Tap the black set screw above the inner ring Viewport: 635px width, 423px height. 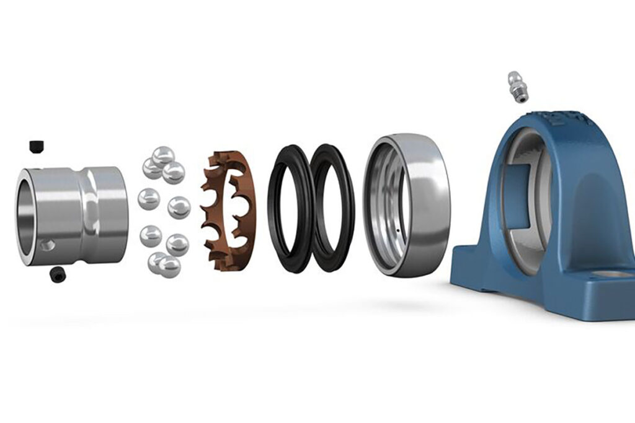(x=35, y=146)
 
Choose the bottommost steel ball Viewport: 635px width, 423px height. (x=169, y=267)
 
